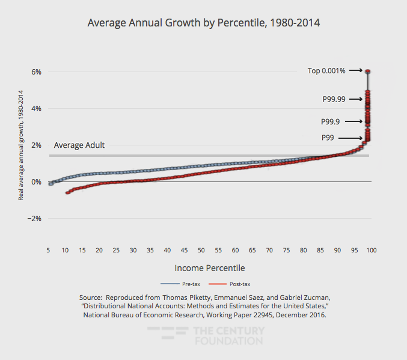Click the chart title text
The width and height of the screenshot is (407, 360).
[203, 23]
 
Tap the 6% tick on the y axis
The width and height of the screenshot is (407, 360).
[35, 72]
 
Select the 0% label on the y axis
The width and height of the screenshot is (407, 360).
[35, 182]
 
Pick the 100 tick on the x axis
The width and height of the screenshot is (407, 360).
[372, 249]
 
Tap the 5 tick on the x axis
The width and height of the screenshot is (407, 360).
[48, 249]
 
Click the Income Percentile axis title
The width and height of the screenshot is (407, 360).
[210, 267]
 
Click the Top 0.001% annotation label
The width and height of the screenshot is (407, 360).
[326, 71]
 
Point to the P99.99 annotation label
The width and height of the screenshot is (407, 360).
[334, 99]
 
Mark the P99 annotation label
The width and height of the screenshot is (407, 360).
[328, 138]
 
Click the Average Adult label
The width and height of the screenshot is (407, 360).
[79, 145]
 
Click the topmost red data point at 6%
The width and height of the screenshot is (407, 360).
[367, 72]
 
